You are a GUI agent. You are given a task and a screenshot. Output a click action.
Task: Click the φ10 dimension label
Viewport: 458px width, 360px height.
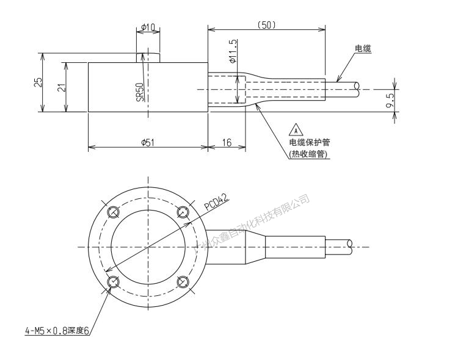[x=148, y=28]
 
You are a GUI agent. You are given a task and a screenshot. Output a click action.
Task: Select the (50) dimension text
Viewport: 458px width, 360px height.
[x=266, y=25]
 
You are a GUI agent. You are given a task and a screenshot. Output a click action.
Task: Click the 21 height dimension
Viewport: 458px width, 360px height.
[x=61, y=87]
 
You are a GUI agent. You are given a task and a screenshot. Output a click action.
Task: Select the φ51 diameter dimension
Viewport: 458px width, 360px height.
[x=148, y=142]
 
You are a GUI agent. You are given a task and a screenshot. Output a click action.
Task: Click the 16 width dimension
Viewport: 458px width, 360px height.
[x=227, y=142]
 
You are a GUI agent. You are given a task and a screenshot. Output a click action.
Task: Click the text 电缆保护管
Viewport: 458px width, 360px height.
[x=310, y=142]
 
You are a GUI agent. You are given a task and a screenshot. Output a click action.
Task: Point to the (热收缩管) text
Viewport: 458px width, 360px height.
[x=309, y=155]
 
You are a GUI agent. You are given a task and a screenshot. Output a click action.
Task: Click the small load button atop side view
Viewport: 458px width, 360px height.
[x=148, y=57]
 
